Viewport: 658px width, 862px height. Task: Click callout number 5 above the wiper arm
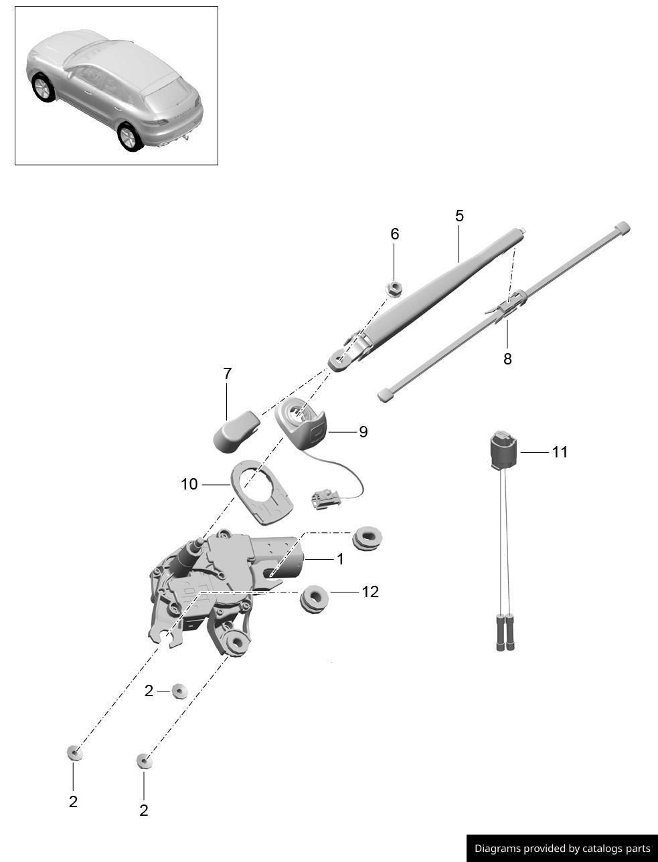point(459,216)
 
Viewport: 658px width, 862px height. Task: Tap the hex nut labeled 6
point(394,288)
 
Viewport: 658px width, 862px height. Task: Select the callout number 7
point(228,374)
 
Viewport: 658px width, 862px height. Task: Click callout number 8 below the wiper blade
point(507,359)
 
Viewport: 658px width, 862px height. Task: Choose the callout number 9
point(363,432)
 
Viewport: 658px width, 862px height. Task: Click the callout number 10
point(189,483)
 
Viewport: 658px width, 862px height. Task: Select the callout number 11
point(560,452)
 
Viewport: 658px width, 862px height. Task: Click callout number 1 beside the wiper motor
point(340,558)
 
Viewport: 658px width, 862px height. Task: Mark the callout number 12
point(369,592)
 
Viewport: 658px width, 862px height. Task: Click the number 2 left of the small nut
point(149,691)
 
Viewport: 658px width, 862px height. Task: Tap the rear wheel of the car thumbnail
point(129,136)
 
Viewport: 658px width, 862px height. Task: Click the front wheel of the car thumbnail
point(44,88)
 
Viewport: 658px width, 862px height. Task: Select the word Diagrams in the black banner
point(497,849)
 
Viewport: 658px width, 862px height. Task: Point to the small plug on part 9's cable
point(323,499)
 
